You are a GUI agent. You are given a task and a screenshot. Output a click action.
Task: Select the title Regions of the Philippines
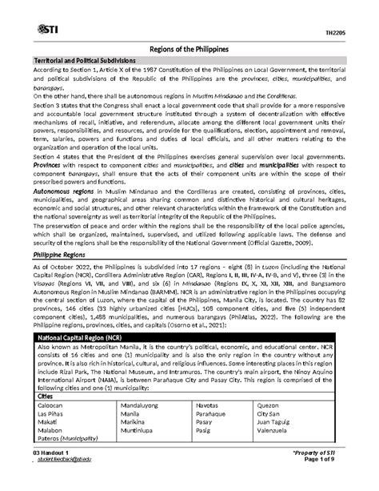189,49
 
